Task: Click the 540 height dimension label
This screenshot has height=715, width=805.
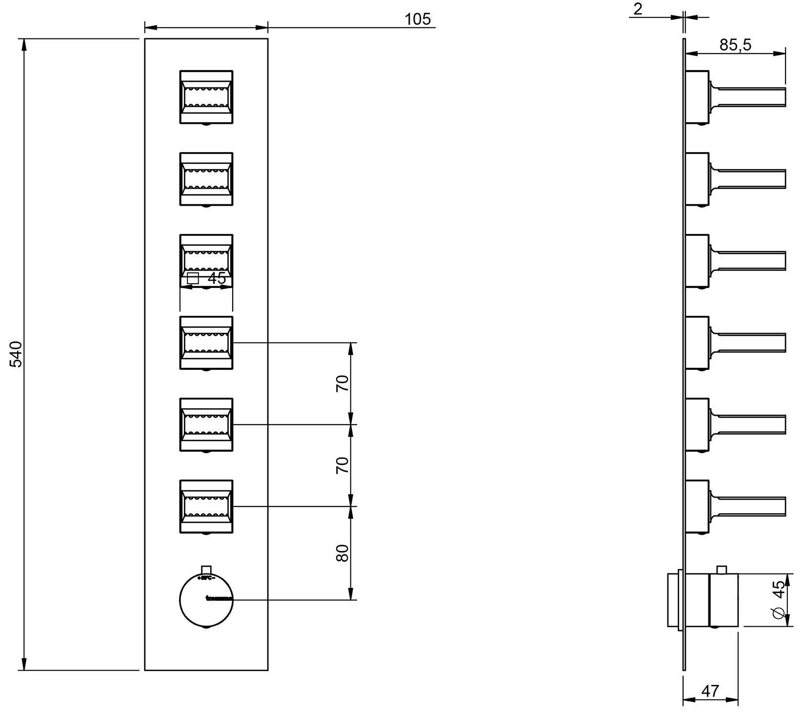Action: pos(16,354)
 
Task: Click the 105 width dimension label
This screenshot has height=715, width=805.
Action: pos(418,19)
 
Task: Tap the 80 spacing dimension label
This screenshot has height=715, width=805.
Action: pos(343,553)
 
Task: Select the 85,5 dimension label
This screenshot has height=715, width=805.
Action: pos(735,45)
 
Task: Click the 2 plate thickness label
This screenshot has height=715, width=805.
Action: pos(638,9)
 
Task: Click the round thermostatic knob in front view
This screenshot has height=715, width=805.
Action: pos(206,600)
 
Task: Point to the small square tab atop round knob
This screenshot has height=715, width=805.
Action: pos(206,570)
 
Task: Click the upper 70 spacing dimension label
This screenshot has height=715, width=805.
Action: pos(343,384)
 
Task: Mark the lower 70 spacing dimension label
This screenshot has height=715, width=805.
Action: pos(343,465)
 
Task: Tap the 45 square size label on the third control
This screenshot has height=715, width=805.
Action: pos(217,278)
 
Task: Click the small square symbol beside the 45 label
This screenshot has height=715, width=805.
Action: pos(194,278)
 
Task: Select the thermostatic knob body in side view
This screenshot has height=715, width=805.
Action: pos(724,600)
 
